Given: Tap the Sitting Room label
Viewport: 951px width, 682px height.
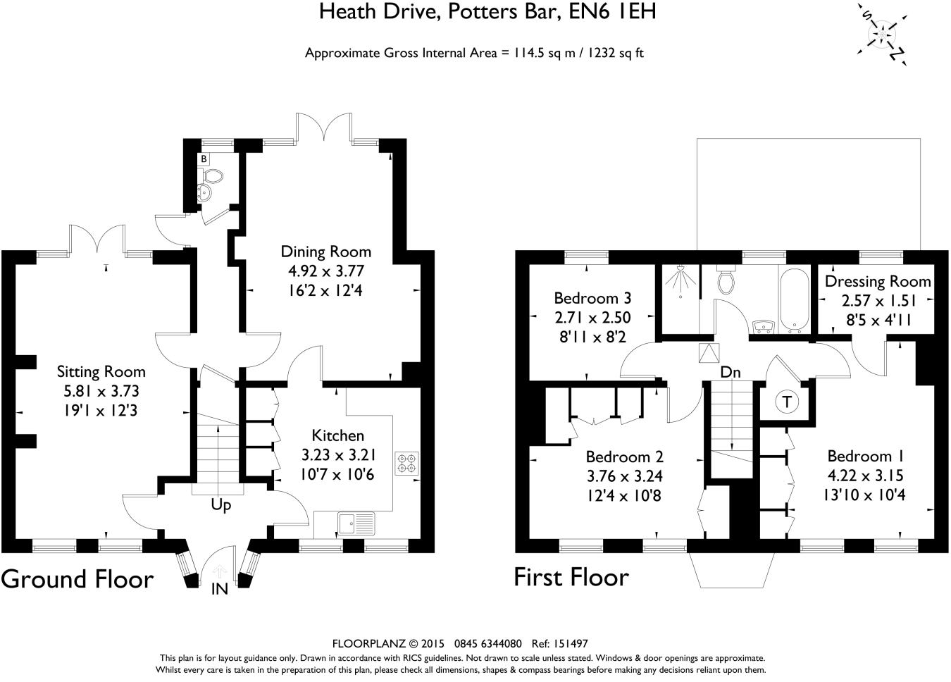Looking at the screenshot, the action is (101, 371).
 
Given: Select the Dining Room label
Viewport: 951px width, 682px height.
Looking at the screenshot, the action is (325, 252).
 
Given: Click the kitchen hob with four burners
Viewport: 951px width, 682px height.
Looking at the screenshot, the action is (407, 464).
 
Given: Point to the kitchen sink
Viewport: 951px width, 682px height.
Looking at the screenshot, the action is (356, 523).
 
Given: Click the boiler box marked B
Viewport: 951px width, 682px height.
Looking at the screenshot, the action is (204, 159).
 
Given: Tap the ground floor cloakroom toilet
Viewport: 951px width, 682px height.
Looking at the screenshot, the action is (212, 176).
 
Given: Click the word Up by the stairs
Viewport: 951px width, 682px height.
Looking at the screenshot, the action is (221, 505).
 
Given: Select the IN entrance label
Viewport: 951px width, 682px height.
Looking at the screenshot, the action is (220, 588).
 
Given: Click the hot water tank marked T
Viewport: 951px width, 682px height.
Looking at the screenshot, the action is (787, 402).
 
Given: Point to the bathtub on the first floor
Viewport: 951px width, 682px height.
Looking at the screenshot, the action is (794, 302).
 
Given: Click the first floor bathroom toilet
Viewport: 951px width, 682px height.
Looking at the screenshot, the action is (726, 280).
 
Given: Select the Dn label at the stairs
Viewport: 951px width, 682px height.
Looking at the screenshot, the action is (731, 372).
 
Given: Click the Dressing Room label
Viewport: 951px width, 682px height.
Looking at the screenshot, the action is (878, 281).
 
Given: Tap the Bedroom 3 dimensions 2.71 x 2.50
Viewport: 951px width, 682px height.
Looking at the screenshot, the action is (592, 318).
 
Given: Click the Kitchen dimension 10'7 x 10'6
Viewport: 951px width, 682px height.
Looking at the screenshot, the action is (337, 474).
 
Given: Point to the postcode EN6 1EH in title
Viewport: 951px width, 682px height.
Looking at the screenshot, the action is (613, 12).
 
